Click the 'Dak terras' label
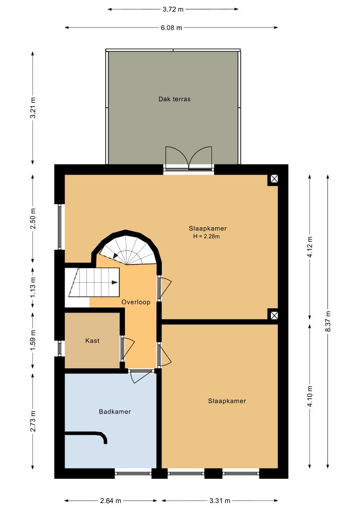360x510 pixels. [x=174, y=99]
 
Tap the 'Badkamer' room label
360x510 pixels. [x=115, y=411]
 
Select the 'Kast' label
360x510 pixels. [x=92, y=340]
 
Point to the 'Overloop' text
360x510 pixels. [x=136, y=302]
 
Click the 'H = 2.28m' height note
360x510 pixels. [x=206, y=237]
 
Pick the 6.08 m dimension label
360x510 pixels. [x=171, y=28]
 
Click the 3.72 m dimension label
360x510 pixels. [x=173, y=9]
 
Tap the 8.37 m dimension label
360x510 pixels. [x=328, y=321]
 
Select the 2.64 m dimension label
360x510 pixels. [x=110, y=501]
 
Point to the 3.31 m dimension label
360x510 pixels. [x=220, y=501]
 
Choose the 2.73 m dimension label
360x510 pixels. [x=33, y=422]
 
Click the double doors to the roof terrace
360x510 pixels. [x=189, y=158]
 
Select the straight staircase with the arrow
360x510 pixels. [x=94, y=282]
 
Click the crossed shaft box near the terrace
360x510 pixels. [x=274, y=178]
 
